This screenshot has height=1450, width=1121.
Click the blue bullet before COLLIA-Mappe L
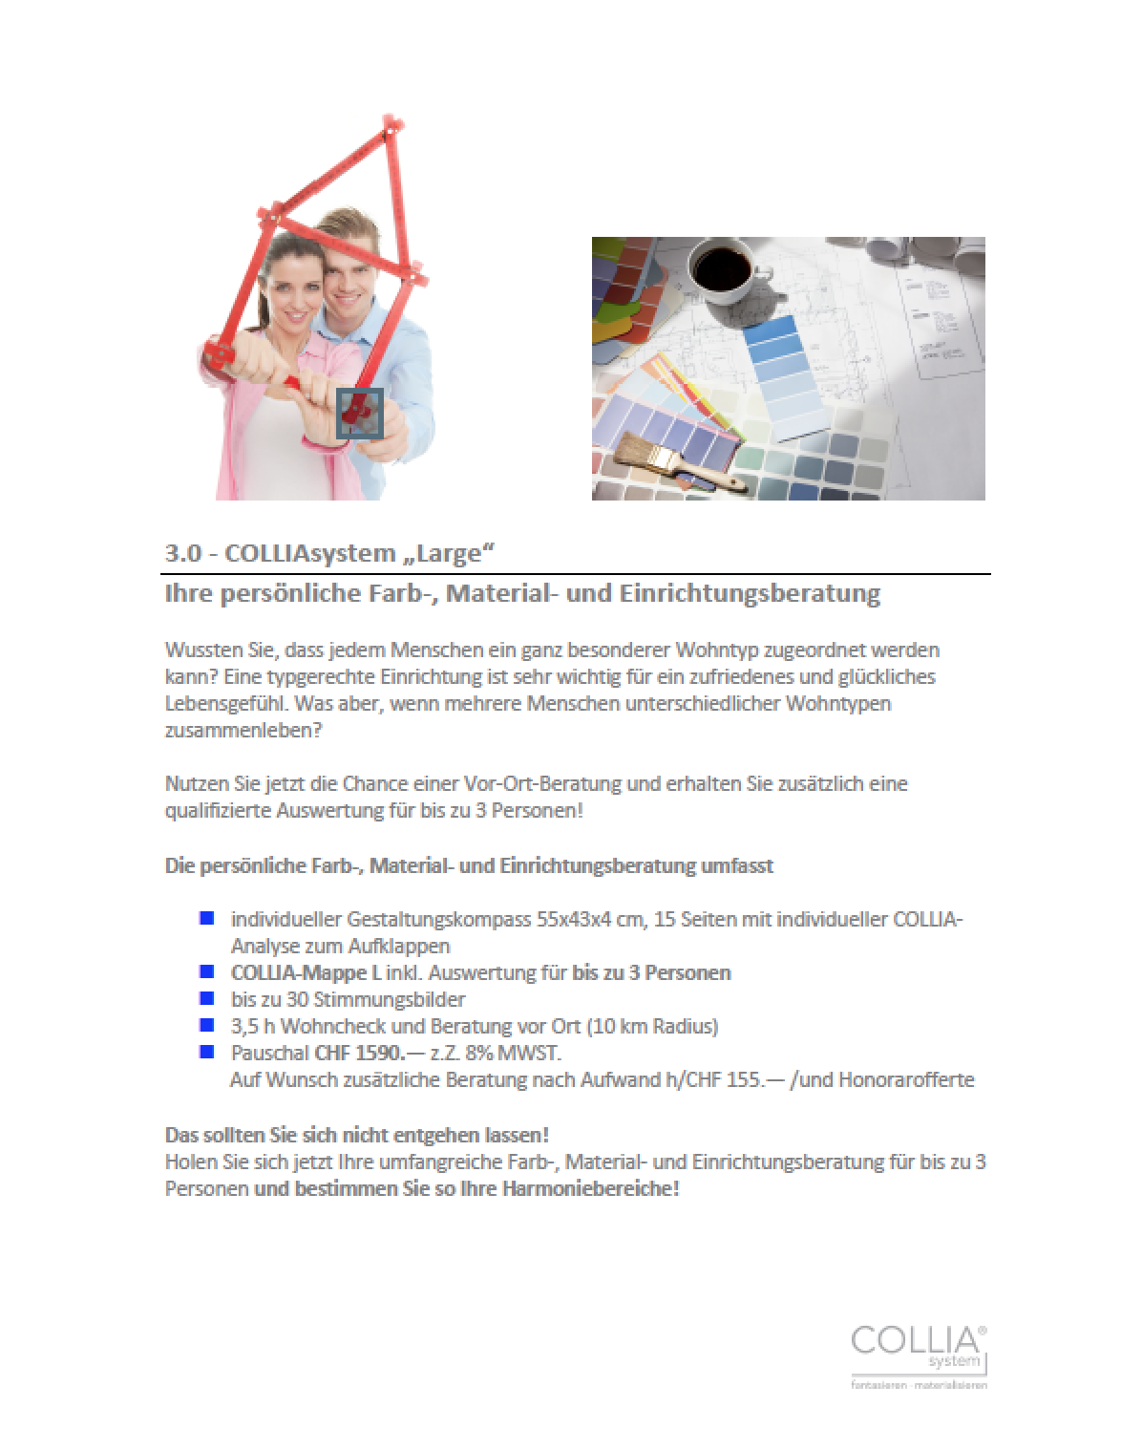(206, 972)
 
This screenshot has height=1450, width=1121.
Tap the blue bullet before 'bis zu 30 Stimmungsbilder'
(206, 999)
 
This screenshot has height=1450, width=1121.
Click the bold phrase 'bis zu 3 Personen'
(651, 973)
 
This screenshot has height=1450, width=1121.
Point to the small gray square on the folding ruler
(360, 414)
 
